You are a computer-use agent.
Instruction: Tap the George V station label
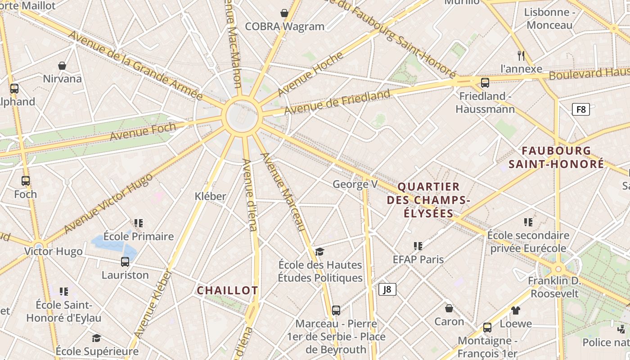(355, 184)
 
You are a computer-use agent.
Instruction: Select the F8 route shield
(581, 109)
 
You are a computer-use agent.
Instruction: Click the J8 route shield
(387, 289)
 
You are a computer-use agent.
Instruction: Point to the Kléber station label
(210, 196)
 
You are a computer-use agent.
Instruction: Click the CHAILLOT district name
(227, 291)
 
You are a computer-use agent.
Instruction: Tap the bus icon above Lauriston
(125, 261)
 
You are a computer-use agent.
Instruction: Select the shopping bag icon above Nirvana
(62, 66)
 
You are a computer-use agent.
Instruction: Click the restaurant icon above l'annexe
(521, 56)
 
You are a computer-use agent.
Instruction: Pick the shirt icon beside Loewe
(516, 310)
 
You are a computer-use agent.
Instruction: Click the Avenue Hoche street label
(310, 74)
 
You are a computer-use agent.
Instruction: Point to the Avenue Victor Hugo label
(108, 203)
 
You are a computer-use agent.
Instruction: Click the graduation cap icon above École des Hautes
(319, 251)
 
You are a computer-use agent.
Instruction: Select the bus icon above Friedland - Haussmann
(485, 83)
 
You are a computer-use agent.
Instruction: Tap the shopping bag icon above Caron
(449, 308)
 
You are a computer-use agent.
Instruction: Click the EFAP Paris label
(418, 260)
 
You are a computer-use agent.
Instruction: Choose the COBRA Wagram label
(284, 27)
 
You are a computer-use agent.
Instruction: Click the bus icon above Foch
(26, 181)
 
